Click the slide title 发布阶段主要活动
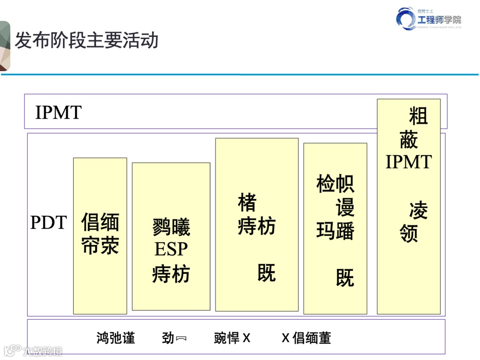tap(87, 41)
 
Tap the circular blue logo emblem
tap(406, 20)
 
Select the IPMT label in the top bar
tap(58, 113)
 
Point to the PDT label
tap(48, 223)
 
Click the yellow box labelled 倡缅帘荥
tap(100, 236)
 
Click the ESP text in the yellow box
tap(171, 250)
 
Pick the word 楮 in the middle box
tap(247, 203)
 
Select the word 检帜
tap(335, 184)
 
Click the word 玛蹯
tap(335, 231)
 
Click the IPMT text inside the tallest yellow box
tap(408, 162)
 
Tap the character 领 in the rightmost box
tap(409, 233)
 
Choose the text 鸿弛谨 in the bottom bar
tap(116, 338)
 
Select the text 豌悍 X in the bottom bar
tap(232, 338)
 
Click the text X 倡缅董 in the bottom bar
tap(306, 338)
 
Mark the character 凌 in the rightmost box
tap(418, 210)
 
